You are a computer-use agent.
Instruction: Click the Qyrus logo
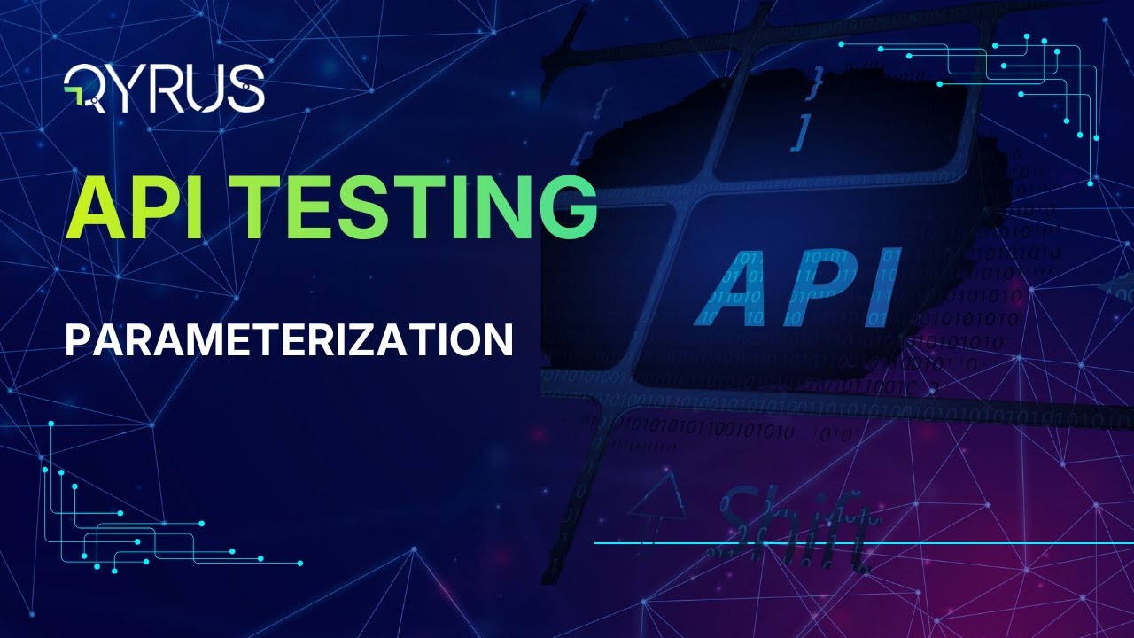point(165,89)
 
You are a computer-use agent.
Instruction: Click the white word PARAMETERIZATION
point(289,339)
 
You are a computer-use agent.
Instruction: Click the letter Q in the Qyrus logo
point(82,89)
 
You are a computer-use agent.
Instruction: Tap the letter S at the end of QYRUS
point(245,89)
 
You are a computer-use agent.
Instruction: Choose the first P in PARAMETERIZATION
point(76,339)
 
